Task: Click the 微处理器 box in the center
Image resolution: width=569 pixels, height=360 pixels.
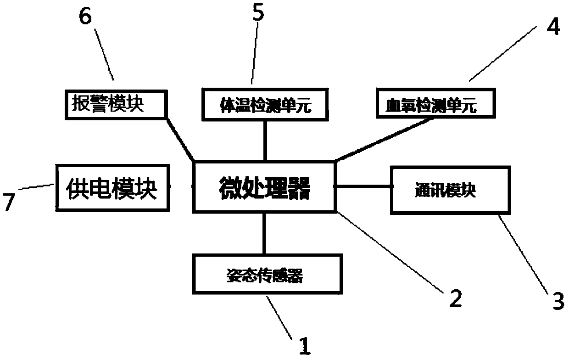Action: pyautogui.click(x=265, y=187)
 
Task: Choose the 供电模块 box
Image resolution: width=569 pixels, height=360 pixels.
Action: pyautogui.click(x=112, y=188)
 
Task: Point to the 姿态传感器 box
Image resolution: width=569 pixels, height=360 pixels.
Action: pyautogui.click(x=265, y=276)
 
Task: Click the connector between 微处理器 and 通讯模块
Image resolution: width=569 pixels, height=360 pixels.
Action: pyautogui.click(x=363, y=186)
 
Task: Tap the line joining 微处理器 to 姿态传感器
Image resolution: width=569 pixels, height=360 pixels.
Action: pyautogui.click(x=265, y=233)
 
